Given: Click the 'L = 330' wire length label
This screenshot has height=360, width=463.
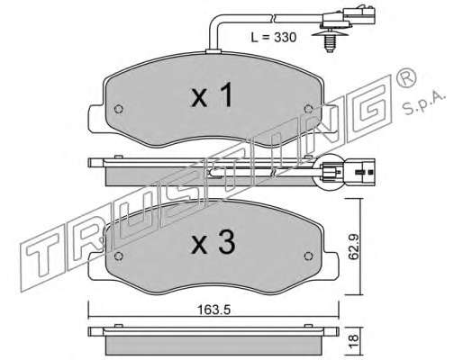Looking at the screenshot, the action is [274, 38].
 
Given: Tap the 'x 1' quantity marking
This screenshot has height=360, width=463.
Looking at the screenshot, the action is [212, 95].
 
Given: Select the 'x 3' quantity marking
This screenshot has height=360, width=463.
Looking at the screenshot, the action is [213, 243].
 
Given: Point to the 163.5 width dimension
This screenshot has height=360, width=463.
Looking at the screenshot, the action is [214, 310].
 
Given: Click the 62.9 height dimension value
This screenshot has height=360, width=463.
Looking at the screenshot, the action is [354, 247].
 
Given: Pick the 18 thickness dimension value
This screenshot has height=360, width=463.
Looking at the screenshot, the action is [354, 338].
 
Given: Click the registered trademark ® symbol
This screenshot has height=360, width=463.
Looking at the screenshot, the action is [406, 78].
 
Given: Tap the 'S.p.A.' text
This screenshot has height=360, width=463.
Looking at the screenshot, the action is [424, 103].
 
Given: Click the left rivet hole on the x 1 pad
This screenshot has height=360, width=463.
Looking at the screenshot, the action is [119, 109].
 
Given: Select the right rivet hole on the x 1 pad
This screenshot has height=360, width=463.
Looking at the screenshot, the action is [308, 109].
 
